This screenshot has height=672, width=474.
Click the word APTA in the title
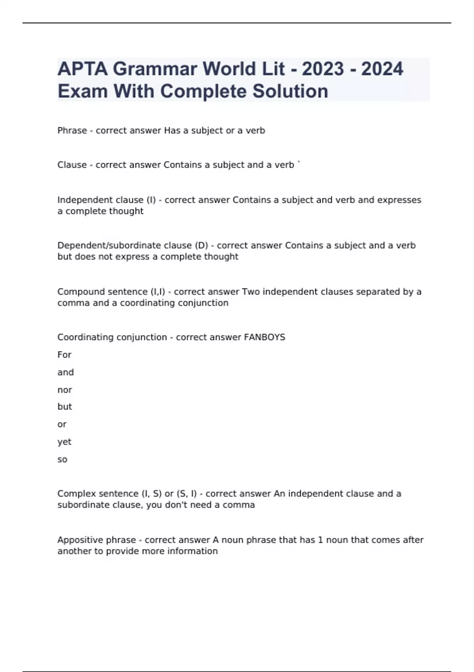click(x=82, y=69)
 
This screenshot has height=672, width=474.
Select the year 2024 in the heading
click(x=382, y=69)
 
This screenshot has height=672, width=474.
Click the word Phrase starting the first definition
click(x=72, y=130)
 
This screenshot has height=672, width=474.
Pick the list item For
click(x=64, y=355)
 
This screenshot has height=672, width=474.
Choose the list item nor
click(x=65, y=390)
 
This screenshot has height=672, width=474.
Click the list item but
click(x=65, y=407)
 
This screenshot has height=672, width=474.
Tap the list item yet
click(x=64, y=442)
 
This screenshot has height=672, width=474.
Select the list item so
click(x=62, y=460)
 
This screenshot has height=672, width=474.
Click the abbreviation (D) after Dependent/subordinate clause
click(x=201, y=245)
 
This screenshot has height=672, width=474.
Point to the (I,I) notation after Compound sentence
click(x=158, y=292)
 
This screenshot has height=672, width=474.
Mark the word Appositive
click(x=79, y=540)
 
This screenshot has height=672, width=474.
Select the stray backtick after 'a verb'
click(x=299, y=163)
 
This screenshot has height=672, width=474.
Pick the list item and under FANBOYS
click(x=66, y=372)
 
